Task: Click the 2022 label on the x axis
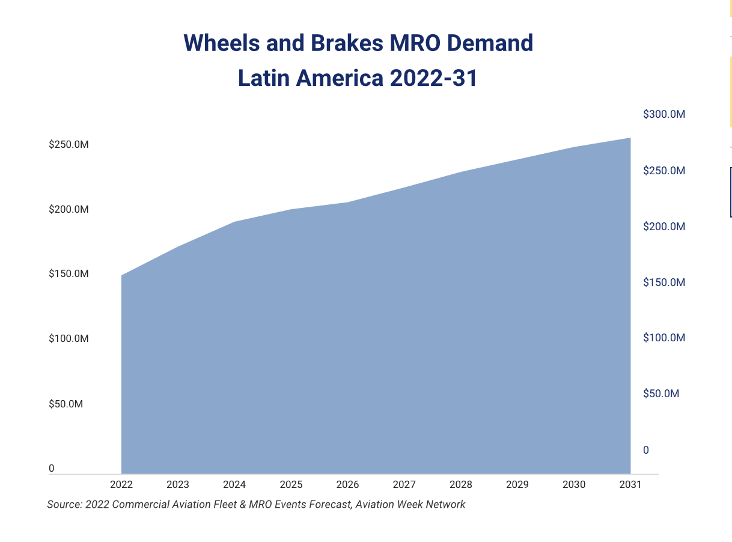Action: coord(121,484)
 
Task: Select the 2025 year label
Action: coord(291,484)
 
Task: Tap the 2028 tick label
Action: coord(461,484)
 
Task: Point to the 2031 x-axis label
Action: coord(630,484)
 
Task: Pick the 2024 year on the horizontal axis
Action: coord(234,484)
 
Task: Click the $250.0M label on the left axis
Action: coord(69,145)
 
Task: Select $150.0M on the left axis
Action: coord(69,274)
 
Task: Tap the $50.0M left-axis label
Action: coord(66,404)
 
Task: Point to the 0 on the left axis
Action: coord(52,468)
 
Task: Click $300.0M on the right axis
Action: coord(664,114)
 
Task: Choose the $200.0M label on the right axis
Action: coord(664,227)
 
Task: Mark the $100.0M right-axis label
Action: coord(664,338)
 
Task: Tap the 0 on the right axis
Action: coord(646,450)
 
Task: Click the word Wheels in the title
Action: coord(221,43)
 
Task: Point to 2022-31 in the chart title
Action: coord(433,79)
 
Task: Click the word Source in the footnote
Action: coord(64,505)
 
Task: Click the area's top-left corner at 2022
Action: coord(122,276)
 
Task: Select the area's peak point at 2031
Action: coord(630,138)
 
